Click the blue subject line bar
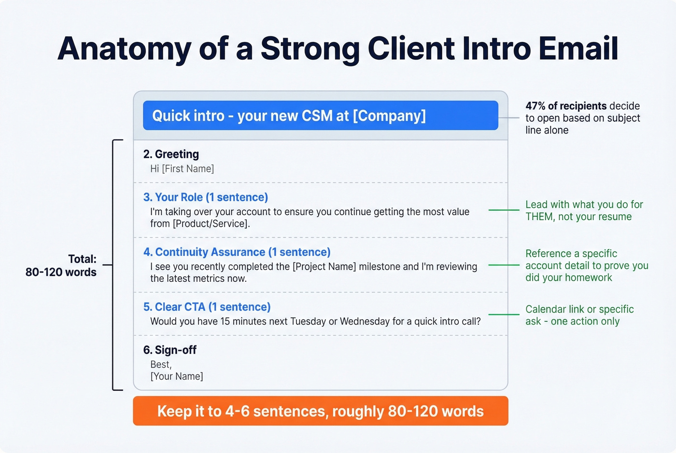tap(320, 116)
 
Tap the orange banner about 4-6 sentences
tap(320, 411)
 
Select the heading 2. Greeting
tap(171, 154)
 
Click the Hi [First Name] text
tap(182, 169)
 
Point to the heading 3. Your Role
tap(205, 197)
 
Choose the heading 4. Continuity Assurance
tap(237, 252)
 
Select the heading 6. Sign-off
tap(169, 350)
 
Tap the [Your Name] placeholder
tap(177, 376)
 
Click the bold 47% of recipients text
tap(565, 106)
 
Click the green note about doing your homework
tap(586, 266)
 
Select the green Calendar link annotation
tap(579, 315)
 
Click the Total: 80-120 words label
tap(61, 266)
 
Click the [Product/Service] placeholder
tap(211, 224)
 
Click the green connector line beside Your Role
tap(504, 210)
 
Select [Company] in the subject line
tap(389, 116)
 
